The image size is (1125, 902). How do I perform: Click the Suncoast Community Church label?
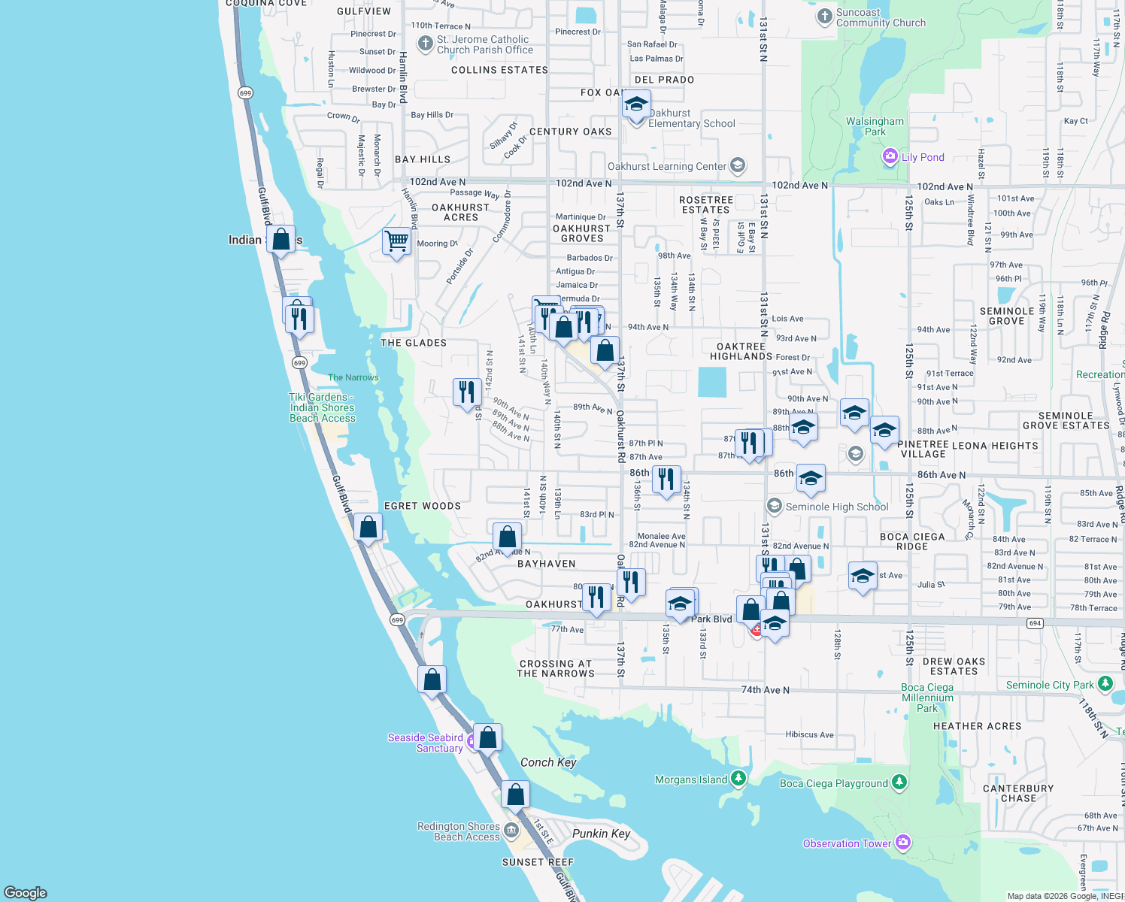tap(881, 18)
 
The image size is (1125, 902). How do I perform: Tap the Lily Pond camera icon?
tap(890, 156)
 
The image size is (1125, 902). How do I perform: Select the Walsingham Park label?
tap(875, 126)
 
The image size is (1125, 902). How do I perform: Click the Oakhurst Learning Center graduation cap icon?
tap(738, 166)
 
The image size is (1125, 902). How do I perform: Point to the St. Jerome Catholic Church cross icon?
tap(425, 44)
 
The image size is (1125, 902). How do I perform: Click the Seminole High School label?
tap(836, 507)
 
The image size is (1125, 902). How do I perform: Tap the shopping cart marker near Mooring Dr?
tap(396, 242)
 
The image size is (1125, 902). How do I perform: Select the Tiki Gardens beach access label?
tap(322, 407)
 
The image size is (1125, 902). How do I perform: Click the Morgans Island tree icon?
tap(738, 779)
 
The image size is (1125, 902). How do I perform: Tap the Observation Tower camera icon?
tap(903, 843)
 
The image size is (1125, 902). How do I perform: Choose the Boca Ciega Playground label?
tap(833, 783)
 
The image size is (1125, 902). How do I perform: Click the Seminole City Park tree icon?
tap(1105, 684)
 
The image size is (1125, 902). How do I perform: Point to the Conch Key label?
tap(548, 762)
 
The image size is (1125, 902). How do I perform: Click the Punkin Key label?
tap(601, 833)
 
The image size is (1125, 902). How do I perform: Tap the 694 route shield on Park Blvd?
tap(1036, 623)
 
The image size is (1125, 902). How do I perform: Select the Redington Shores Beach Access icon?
tap(511, 831)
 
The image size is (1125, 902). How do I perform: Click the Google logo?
tap(26, 893)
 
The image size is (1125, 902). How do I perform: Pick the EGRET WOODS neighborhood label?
tap(423, 506)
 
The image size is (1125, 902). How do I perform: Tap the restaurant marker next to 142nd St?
tap(467, 392)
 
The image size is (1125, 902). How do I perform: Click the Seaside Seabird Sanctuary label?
tap(425, 743)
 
